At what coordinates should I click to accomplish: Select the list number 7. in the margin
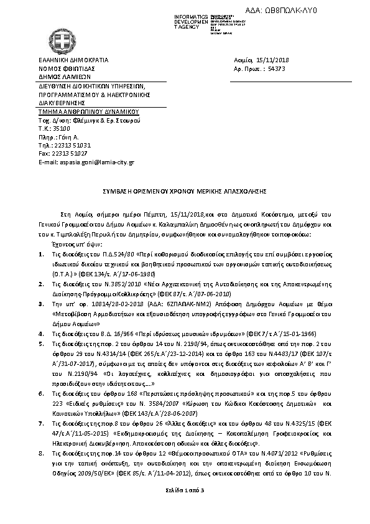[x=41, y=423]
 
